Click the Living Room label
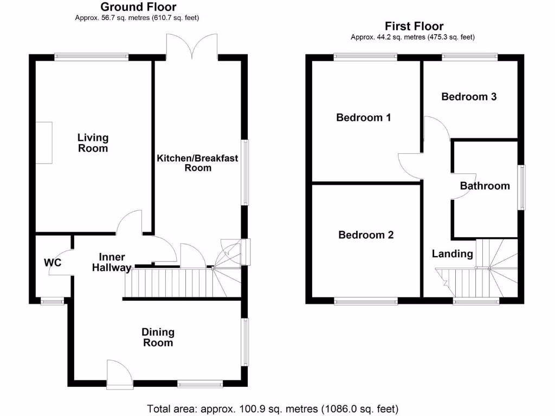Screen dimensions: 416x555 [93, 143]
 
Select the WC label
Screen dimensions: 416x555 [53, 263]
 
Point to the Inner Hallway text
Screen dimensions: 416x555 [112, 262]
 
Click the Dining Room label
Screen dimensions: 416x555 [158, 337]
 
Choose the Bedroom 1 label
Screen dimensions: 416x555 [364, 118]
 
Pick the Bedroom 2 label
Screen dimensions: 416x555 [366, 235]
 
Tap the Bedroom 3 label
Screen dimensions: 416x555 [469, 97]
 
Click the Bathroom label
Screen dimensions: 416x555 [485, 186]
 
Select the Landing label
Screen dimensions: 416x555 [452, 253]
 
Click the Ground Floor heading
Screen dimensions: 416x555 [138, 7]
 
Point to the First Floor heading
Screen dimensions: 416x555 [414, 26]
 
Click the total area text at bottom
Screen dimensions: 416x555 [273, 408]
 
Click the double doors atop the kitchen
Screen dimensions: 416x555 [192, 45]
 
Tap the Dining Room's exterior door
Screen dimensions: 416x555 [119, 374]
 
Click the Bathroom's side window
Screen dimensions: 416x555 [521, 187]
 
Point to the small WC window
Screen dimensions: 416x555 [53, 300]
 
